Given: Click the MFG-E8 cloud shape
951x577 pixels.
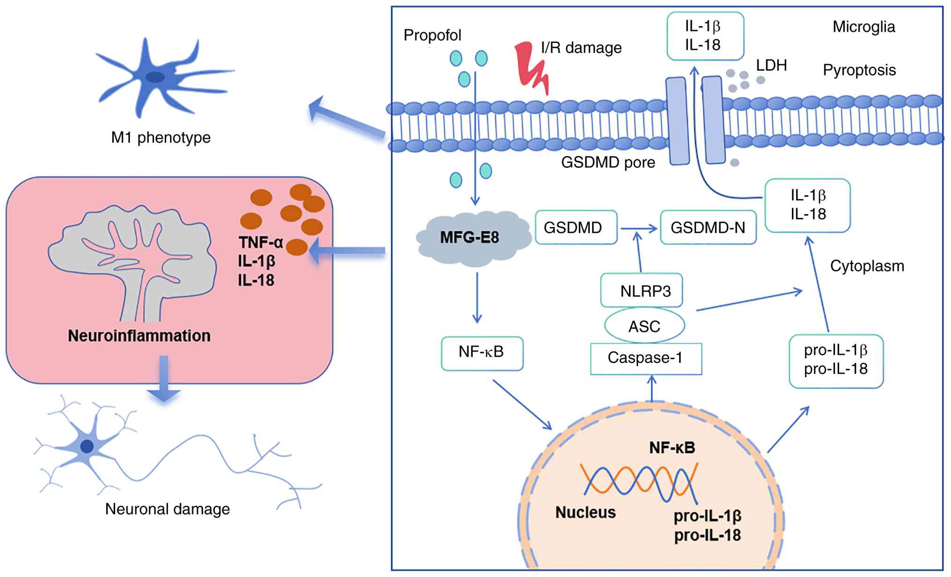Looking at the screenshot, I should coord(470,238).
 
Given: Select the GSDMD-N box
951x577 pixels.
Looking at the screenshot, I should coord(708,228).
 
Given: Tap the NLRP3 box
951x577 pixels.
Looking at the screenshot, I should coord(641,291).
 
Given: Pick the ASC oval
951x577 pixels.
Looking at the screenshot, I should coord(644,325).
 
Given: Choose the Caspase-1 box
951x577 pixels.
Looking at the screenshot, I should coord(646,358).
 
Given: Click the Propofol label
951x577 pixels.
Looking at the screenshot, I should coord(432,35).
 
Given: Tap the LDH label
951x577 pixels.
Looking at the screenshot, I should coord(771,65).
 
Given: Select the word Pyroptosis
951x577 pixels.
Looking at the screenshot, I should coord(859,70).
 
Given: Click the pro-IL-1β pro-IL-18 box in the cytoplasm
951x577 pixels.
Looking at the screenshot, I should coord(836,361).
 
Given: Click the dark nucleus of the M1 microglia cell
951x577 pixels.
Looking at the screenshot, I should coord(155,77).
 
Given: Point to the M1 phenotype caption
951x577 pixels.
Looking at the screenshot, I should coord(161,137).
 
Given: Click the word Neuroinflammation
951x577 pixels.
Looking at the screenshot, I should coord(139,336).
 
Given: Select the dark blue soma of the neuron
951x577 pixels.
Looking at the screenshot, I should coord(87,446).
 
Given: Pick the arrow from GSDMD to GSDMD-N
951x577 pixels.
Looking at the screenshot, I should coord(638,228).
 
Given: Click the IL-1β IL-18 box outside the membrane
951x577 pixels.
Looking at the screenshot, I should coord(705,36).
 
